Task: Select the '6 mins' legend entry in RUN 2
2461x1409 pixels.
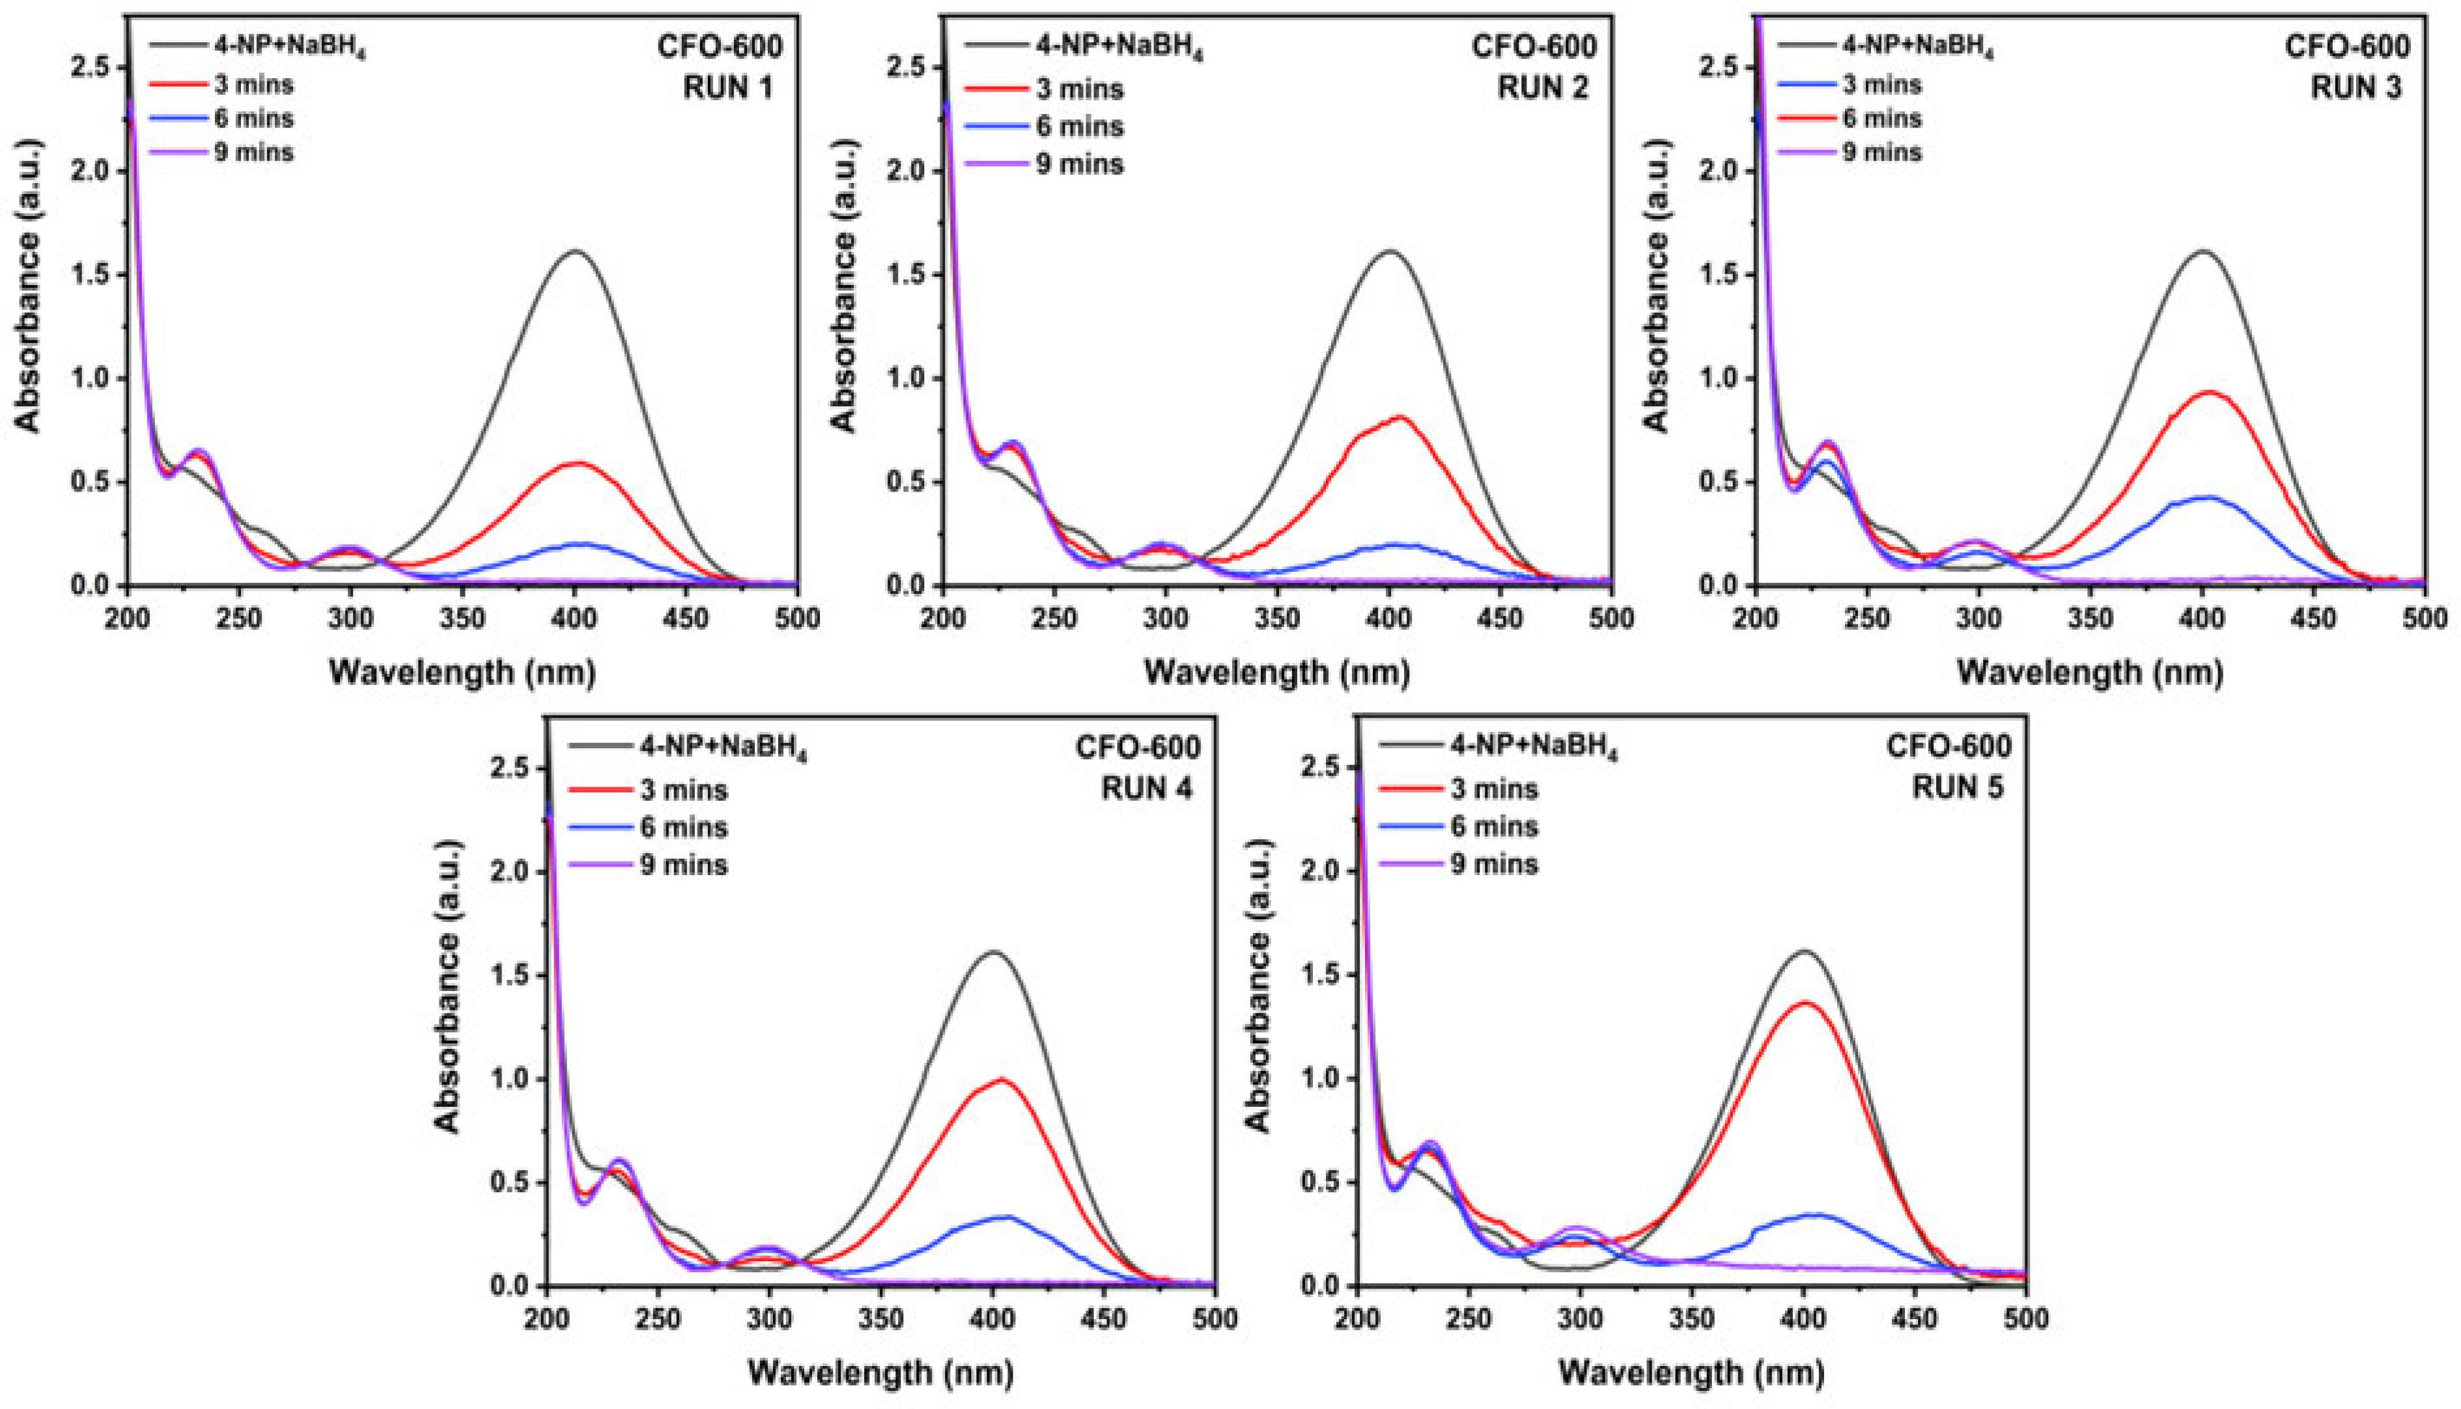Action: [1079, 127]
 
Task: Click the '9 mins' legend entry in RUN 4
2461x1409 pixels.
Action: [683, 863]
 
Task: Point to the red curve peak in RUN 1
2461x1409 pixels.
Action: [578, 464]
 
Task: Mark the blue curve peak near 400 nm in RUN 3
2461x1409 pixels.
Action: [2204, 497]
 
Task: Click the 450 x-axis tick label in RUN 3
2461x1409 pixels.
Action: [2315, 617]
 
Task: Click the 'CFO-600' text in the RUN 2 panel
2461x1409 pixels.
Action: [1535, 46]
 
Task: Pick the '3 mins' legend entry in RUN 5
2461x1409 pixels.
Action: [1493, 790]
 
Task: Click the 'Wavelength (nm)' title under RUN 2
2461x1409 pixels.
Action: [1276, 671]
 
